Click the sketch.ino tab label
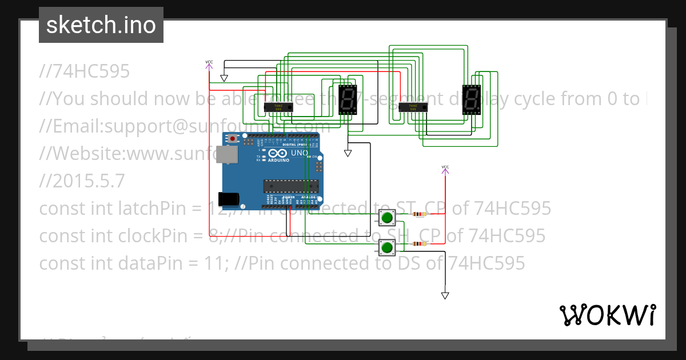(101, 25)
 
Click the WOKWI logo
(607, 315)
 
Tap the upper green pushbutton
(387, 217)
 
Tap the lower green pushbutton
(387, 247)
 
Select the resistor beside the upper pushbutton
(420, 215)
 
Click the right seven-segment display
(471, 101)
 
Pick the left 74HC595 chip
(278, 106)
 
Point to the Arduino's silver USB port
(229, 154)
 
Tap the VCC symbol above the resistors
(445, 168)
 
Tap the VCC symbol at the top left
(209, 63)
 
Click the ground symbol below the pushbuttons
(445, 295)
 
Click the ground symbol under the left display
(348, 153)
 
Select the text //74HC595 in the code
(85, 71)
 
